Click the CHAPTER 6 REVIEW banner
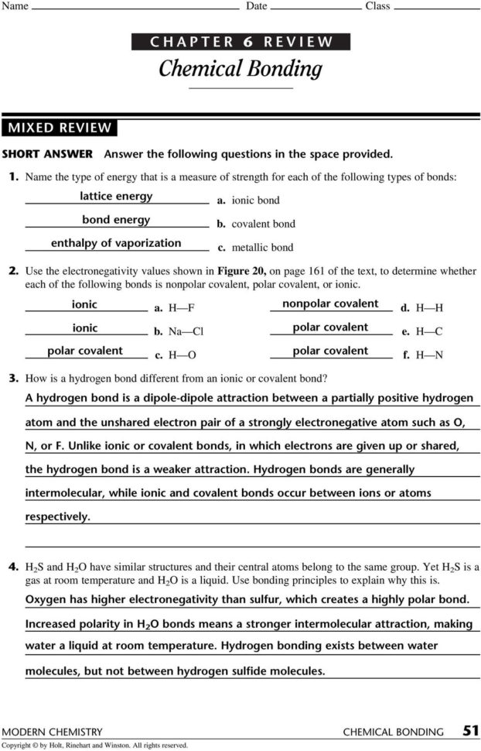click(241, 42)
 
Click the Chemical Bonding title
click(240, 69)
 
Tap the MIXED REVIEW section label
click(60, 128)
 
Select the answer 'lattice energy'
click(116, 196)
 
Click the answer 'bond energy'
click(116, 220)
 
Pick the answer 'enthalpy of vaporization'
click(116, 243)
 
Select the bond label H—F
click(181, 308)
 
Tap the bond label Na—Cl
click(186, 331)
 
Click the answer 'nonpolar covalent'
click(330, 303)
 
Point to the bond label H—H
click(429, 308)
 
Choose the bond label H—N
click(429, 355)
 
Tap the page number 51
click(470, 730)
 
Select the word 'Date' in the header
click(256, 6)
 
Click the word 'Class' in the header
click(377, 6)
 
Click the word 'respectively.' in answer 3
click(57, 516)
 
